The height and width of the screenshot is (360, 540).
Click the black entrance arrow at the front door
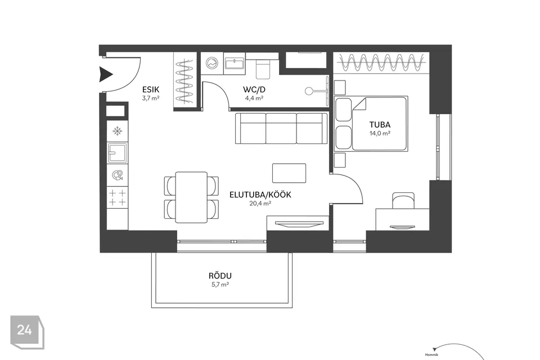106,74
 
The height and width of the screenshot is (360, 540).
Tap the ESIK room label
151,89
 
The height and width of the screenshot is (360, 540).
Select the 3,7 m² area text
151,98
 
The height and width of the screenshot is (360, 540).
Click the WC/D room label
254,89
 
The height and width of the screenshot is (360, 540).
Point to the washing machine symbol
212,64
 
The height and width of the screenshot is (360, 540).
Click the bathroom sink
234,64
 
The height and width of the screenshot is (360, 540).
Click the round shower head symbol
309,91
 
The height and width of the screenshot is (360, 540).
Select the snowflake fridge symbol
118,131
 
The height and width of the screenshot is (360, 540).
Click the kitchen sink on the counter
118,152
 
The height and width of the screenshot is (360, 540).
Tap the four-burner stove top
118,197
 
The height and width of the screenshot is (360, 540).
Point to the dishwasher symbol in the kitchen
118,175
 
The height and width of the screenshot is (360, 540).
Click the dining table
191,197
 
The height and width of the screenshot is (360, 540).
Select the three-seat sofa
281,128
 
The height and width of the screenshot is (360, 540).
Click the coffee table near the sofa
289,173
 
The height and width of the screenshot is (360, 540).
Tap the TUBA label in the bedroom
380,125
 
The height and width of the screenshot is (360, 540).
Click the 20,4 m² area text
260,204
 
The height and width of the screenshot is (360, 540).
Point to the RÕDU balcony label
220,276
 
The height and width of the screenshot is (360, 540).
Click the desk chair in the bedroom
403,200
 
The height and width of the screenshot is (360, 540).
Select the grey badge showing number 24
27,332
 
